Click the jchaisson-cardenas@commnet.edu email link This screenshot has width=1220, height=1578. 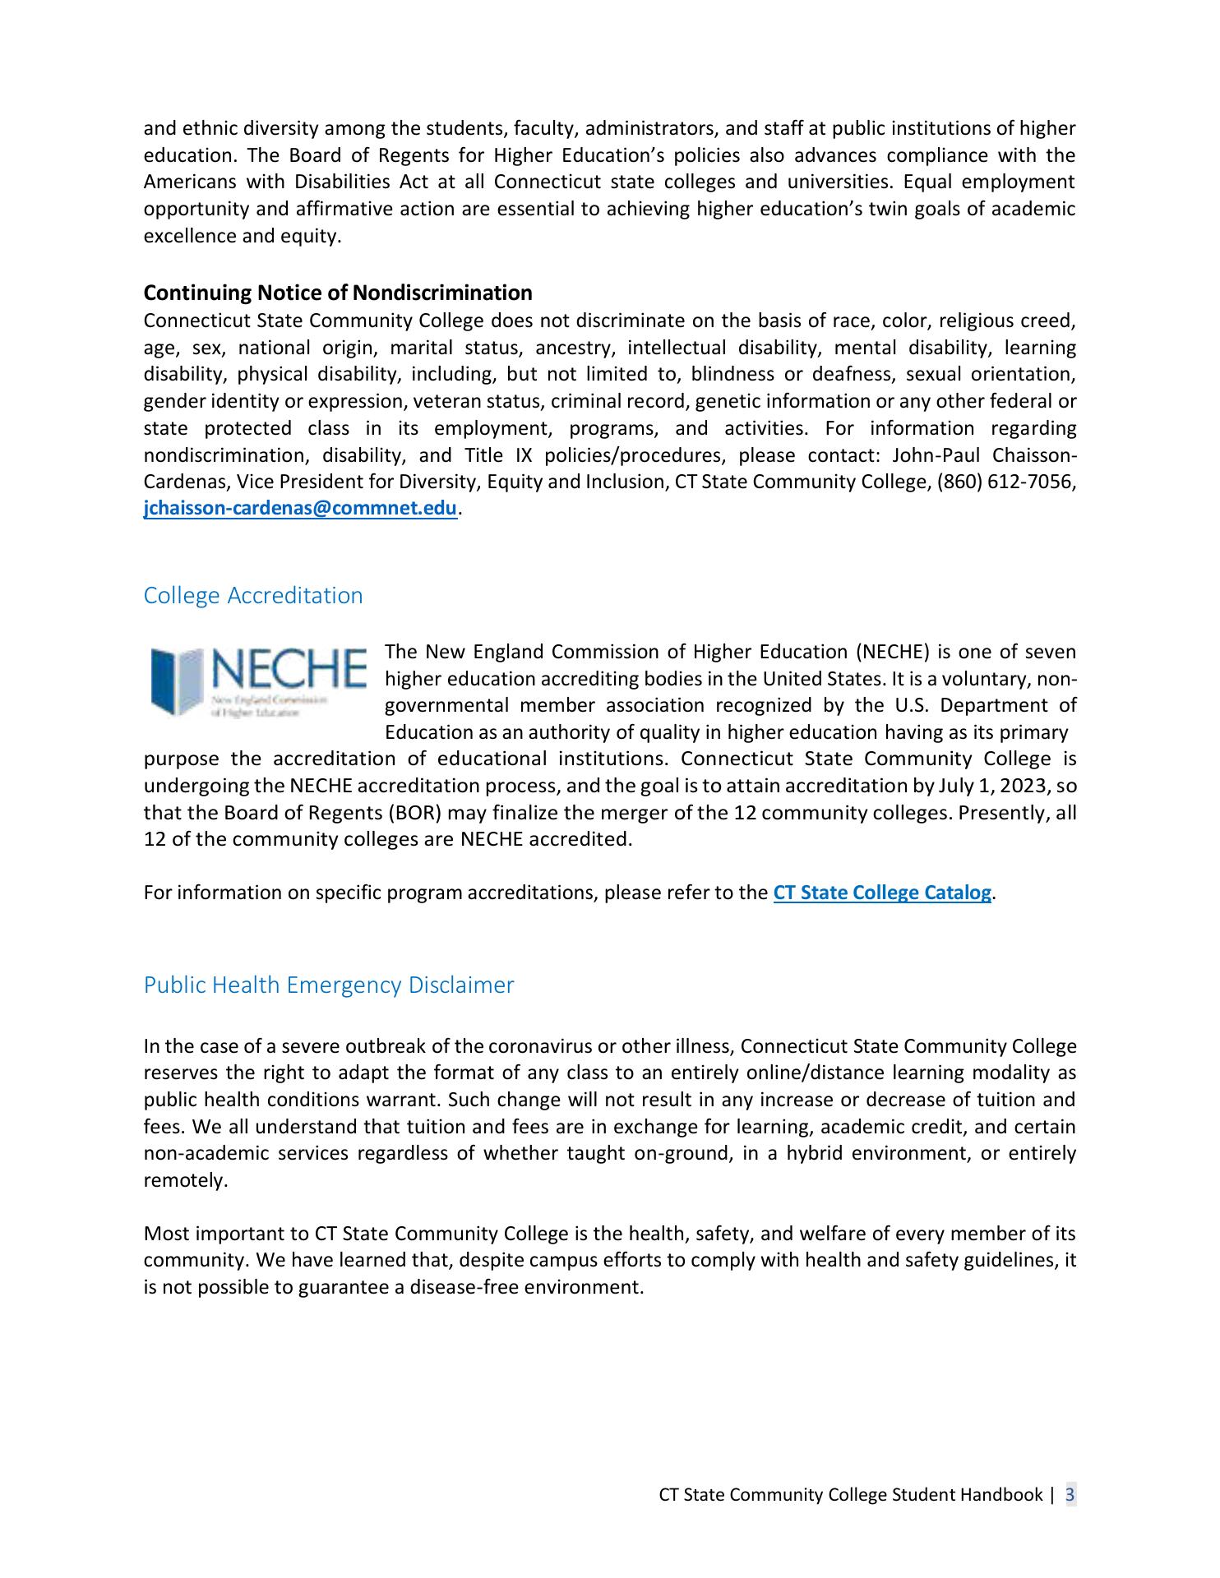pyautogui.click(x=300, y=509)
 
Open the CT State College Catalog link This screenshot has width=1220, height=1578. pyautogui.click(x=882, y=893)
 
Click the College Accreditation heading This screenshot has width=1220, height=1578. pyautogui.click(x=253, y=595)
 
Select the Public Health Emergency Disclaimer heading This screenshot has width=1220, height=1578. pyautogui.click(x=329, y=985)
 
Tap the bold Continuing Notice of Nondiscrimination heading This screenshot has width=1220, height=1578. pyautogui.click(x=338, y=293)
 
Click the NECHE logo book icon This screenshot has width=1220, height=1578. pyautogui.click(x=177, y=680)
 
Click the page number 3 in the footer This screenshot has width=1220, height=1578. pyautogui.click(x=1070, y=1494)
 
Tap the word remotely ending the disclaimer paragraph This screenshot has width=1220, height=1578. pyautogui.click(x=183, y=1180)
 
